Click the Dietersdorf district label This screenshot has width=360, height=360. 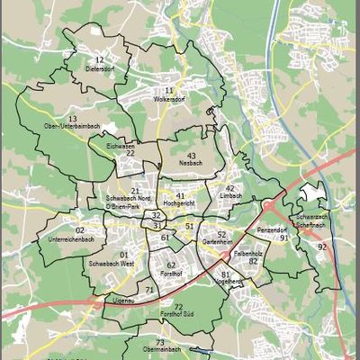click(100, 67)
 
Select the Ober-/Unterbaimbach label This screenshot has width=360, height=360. click(72, 127)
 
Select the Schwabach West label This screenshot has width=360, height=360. click(112, 264)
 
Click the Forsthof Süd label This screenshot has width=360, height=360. click(178, 316)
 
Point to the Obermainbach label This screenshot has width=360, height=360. click(160, 349)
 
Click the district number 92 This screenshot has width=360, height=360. click(321, 246)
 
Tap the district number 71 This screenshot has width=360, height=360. click(149, 289)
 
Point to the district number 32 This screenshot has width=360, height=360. click(157, 215)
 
